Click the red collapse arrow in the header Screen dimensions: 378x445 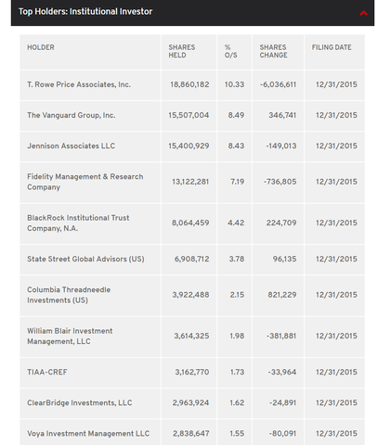pos(363,13)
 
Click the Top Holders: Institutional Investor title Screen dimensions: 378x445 pos(85,12)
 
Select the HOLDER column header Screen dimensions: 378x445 pos(41,47)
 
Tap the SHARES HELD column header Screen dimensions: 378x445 pos(182,51)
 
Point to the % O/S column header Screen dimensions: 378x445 pos(231,51)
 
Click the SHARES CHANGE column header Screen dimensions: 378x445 pos(273,51)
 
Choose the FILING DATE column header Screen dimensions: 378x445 pos(332,47)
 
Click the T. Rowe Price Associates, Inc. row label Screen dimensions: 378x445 pos(79,84)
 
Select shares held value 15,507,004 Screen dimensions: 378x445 pos(189,115)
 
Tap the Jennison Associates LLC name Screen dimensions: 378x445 pos(71,146)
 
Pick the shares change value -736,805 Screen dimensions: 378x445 pos(280,182)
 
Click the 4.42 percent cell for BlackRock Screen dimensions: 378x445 pos(236,222)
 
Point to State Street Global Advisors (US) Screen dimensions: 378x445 pos(85,259)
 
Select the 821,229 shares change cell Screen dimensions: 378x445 pos(282,295)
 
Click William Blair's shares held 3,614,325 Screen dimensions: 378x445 pos(191,336)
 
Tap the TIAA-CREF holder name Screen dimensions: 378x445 pos(47,372)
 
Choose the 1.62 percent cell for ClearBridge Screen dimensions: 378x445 pos(237,403)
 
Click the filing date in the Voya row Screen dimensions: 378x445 pos(336,434)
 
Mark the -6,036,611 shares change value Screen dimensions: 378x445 pos(278,84)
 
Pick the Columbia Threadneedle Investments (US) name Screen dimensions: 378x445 pos(69,295)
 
